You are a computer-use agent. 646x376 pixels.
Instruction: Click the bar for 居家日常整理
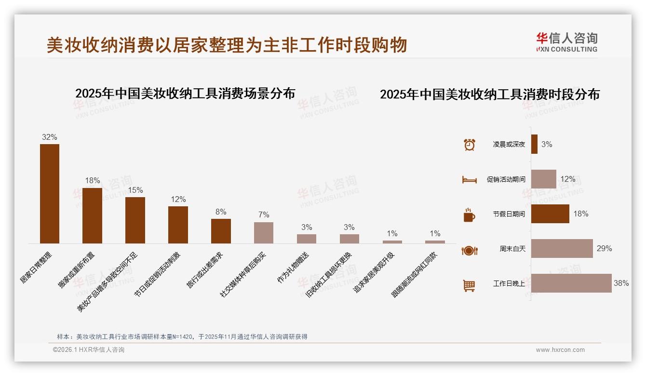(50, 194)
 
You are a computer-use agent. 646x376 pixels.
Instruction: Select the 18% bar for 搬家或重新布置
(92, 215)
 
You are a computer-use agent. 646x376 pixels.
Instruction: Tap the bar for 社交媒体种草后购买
(264, 233)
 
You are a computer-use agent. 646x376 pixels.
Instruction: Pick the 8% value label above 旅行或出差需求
(221, 212)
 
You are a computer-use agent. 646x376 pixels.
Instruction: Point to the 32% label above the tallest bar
(49, 137)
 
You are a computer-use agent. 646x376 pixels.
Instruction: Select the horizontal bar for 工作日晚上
(571, 283)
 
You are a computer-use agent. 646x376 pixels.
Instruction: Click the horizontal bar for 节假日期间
(550, 214)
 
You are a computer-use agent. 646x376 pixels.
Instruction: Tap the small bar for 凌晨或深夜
(534, 144)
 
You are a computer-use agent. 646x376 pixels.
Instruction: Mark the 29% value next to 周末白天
(604, 248)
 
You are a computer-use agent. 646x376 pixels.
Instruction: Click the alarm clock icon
(469, 144)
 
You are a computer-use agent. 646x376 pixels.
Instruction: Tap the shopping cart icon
(469, 285)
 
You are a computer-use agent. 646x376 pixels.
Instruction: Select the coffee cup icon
(469, 215)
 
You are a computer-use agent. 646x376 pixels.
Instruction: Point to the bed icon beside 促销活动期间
(469, 180)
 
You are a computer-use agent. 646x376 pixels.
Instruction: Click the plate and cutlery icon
(469, 250)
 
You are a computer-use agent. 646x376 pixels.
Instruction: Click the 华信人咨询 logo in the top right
(566, 42)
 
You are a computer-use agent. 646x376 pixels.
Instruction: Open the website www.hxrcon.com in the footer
(560, 350)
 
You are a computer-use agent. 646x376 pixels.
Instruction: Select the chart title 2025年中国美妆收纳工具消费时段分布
(490, 94)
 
